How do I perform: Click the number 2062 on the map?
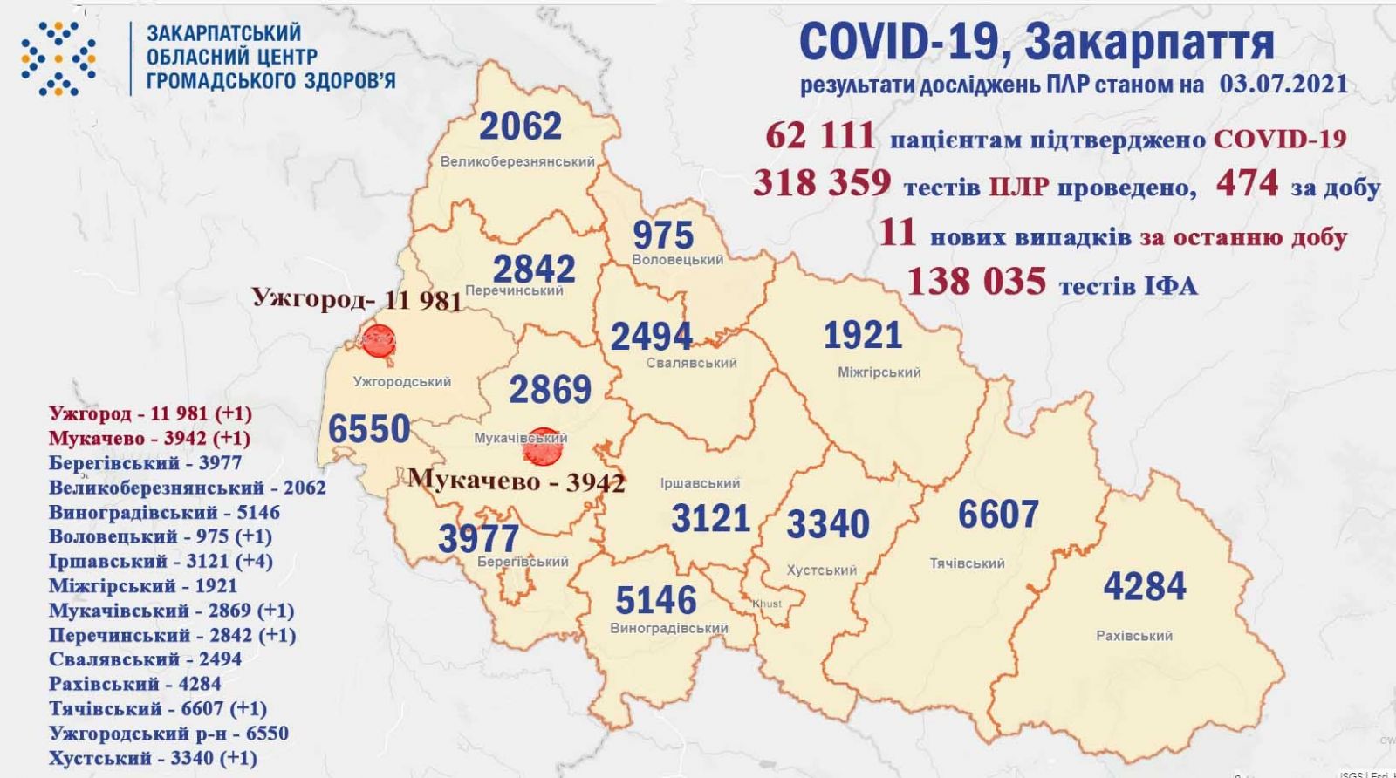520,127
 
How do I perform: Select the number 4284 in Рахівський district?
1145,586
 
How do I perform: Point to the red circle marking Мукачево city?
542,446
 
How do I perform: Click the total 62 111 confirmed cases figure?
819,136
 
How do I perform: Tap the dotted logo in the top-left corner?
58,57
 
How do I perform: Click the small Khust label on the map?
766,604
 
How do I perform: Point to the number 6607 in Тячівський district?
997,515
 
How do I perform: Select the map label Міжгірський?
879,372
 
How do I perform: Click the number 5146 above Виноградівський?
655,601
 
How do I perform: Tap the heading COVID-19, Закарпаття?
1036,42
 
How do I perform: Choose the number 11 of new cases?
898,234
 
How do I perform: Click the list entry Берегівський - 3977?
145,463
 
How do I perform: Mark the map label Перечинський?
515,290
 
